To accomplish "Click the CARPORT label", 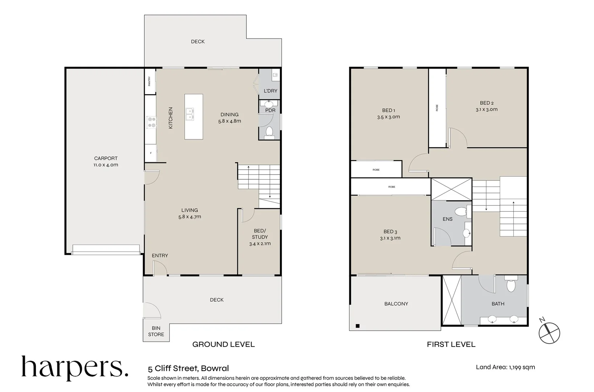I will pos(106,158).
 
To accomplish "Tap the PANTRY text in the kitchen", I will pos(149,81).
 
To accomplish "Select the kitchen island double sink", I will pos(189,114).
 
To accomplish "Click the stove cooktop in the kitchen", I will pos(151,122).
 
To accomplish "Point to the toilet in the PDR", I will pos(269,131).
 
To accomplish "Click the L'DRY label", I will pos(270,91).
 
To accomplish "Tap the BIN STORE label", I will pos(156,331).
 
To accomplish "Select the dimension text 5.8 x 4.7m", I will pos(189,217).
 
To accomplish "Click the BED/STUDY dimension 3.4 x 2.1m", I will pos(260,244).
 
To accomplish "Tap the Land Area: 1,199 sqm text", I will pos(505,367).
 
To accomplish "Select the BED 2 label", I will pos(487,103).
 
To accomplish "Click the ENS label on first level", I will pos(447,219).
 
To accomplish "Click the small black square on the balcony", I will pos(357,326).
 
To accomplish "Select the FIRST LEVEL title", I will pos(451,344).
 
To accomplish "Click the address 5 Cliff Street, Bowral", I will pos(188,368).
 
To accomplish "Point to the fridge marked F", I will pos(151,153).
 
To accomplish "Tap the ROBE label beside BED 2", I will pos(437,108).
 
